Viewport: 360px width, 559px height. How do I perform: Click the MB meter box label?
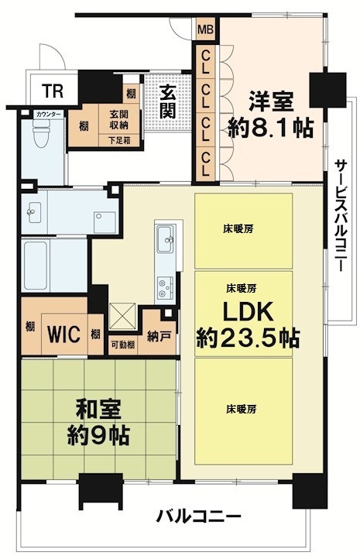(x=205, y=29)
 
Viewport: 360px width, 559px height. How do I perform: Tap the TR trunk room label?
(x=53, y=91)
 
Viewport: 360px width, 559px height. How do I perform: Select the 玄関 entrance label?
(x=167, y=102)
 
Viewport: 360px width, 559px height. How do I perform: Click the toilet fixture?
(x=40, y=132)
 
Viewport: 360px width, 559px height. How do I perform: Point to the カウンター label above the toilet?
(x=49, y=115)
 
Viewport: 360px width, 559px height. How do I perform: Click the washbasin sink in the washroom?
(x=33, y=212)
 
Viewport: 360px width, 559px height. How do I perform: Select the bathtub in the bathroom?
(x=35, y=265)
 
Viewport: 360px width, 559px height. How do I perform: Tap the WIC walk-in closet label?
(x=63, y=334)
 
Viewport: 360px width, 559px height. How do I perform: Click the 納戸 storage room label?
(x=157, y=336)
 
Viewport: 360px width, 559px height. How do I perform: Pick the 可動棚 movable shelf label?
(x=122, y=345)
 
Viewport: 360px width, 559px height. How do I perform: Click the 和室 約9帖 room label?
(x=98, y=423)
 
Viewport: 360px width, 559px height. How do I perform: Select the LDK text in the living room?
(x=248, y=311)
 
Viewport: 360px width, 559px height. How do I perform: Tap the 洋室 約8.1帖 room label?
(x=270, y=115)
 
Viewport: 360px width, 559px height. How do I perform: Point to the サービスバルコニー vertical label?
(x=341, y=216)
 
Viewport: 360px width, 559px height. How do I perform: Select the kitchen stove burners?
(x=165, y=288)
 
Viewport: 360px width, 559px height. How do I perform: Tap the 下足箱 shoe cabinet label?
(x=119, y=141)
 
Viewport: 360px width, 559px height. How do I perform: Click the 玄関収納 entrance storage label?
(x=119, y=120)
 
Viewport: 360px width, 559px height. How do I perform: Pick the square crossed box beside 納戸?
(x=122, y=316)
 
